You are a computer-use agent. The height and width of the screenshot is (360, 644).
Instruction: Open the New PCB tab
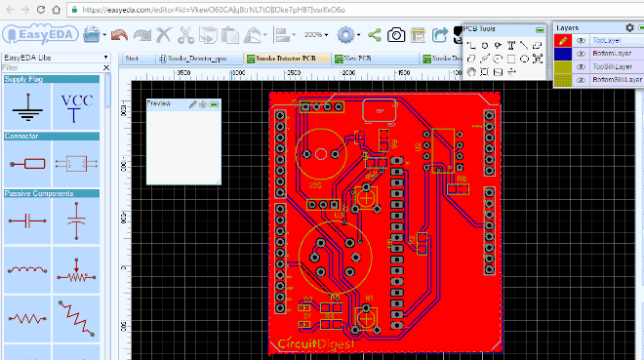pyautogui.click(x=355, y=59)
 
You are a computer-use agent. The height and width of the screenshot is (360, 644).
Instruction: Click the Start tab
pyautogui.click(x=132, y=59)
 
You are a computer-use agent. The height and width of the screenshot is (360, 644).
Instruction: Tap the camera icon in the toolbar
pyautogui.click(x=396, y=35)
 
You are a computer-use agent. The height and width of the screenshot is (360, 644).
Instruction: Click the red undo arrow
pyautogui.click(x=119, y=35)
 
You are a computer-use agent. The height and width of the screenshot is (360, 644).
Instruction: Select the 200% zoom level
pyautogui.click(x=314, y=35)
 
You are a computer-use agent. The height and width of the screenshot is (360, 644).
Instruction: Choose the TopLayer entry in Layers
pyautogui.click(x=606, y=41)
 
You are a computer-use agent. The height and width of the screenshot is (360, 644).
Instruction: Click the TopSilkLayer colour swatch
pyautogui.click(x=562, y=66)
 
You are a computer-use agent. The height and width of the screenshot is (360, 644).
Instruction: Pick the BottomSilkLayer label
pyautogui.click(x=617, y=79)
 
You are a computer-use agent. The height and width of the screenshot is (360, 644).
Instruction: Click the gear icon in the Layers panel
pyautogui.click(x=628, y=27)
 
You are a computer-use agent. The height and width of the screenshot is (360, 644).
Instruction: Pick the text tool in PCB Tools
pyautogui.click(x=510, y=45)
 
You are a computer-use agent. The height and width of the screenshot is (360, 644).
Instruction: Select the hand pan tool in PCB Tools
pyautogui.click(x=471, y=71)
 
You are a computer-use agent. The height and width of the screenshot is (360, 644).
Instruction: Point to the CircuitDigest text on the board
pyautogui.click(x=311, y=343)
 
